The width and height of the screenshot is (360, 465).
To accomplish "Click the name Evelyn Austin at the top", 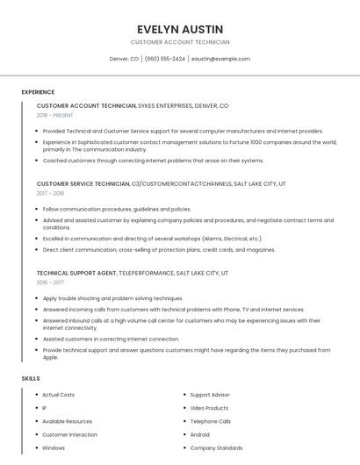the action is [180, 29].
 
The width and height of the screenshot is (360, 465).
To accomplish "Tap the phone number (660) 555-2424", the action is [165, 59].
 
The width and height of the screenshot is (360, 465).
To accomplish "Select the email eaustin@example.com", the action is [220, 59].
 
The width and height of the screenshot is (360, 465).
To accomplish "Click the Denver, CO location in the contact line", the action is [124, 59].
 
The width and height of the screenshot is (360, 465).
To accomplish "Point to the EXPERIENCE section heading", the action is [38, 92].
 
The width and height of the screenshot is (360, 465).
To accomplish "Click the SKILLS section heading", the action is [31, 378].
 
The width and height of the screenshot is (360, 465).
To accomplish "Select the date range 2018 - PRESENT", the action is [56, 115].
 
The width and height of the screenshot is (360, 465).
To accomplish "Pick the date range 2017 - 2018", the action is [50, 193].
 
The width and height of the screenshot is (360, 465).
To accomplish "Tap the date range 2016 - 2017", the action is [50, 283].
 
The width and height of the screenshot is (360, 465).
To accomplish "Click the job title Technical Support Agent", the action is [76, 273].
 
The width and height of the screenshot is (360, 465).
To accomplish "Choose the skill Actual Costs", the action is [59, 395].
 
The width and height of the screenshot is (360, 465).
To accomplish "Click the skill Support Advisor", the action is [210, 395].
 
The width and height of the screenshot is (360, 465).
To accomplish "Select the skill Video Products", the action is [209, 408].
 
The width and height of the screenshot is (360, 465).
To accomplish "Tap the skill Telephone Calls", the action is [211, 421].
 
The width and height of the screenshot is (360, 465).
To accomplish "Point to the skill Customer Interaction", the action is [70, 434].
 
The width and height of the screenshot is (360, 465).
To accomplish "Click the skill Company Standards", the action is [216, 447].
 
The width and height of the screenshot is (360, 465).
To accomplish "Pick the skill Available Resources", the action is [68, 421].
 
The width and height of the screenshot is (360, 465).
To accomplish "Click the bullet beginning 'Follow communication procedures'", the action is [117, 209].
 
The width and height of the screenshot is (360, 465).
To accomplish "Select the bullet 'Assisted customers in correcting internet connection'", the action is [111, 339].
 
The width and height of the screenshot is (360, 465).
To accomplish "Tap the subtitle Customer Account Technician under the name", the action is [180, 42].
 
